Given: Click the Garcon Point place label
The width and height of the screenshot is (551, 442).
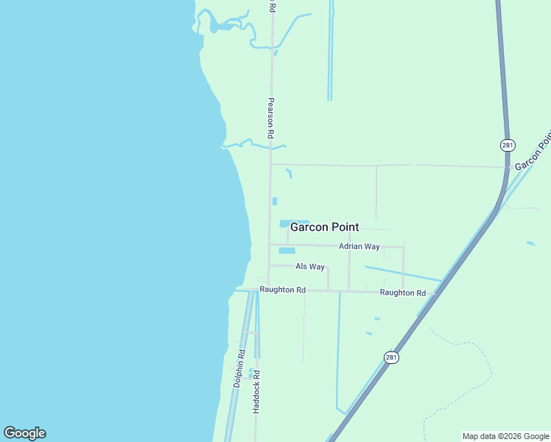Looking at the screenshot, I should [x=324, y=227].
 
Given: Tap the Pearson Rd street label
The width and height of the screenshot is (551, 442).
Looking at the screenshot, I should [x=271, y=119].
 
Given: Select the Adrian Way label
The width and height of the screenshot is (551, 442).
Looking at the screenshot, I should [x=359, y=246].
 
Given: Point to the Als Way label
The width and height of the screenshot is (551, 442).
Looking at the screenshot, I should [x=310, y=267].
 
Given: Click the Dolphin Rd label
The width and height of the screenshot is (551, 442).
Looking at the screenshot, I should [x=238, y=368].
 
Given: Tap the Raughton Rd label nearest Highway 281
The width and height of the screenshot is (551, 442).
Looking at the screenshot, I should [x=402, y=293].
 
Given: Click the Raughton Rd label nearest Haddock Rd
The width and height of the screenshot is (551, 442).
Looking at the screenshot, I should [x=282, y=290].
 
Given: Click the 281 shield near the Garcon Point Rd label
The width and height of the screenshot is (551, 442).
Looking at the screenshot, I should [x=508, y=145].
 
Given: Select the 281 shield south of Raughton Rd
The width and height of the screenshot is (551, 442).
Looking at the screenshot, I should [x=391, y=357].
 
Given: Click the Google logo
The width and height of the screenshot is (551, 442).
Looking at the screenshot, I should [x=24, y=433].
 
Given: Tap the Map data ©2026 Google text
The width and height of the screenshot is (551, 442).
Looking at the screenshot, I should [x=506, y=436].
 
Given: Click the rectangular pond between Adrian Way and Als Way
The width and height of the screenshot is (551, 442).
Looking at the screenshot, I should [x=287, y=250].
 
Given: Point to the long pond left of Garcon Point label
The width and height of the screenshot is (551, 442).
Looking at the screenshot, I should [x=284, y=223].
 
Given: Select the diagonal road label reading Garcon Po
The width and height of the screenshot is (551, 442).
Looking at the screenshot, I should [x=532, y=152].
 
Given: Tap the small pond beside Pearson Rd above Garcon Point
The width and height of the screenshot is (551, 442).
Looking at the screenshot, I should [x=275, y=201].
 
